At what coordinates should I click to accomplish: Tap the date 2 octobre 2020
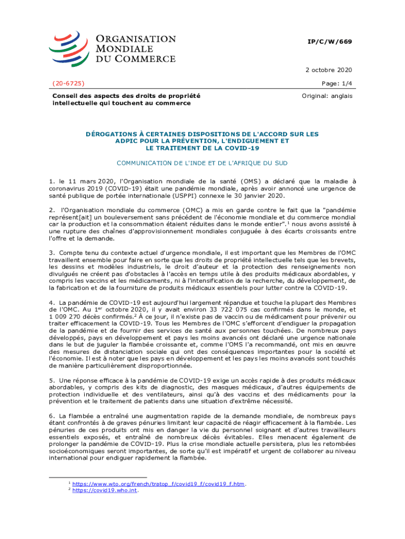point(329,70)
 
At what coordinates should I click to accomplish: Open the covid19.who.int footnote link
point(105,490)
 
